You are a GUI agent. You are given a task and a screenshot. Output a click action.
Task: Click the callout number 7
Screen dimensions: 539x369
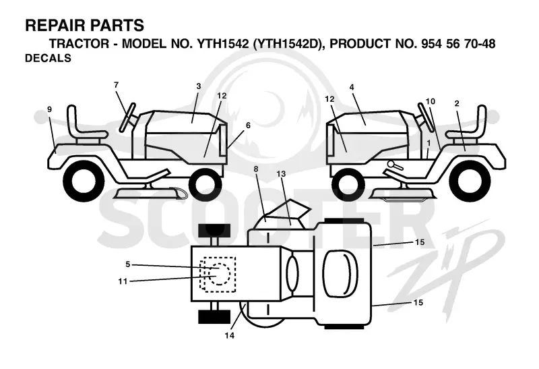[x=116, y=85]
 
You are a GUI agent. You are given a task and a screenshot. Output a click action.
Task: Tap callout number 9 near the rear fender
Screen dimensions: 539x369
[x=49, y=109]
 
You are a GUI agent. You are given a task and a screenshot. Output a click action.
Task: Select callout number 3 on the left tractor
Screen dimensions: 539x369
[x=198, y=86]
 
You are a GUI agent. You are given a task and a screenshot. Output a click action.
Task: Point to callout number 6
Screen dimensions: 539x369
[x=248, y=125]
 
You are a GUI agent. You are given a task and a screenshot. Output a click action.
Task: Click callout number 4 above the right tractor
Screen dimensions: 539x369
[x=352, y=88]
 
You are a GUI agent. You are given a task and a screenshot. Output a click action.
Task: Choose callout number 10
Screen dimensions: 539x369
[x=431, y=101]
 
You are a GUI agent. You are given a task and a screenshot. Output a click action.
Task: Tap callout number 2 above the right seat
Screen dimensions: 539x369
[x=457, y=104]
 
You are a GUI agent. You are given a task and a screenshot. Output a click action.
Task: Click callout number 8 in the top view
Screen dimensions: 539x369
[x=256, y=169]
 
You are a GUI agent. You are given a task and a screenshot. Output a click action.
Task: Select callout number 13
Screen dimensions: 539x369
[x=281, y=174]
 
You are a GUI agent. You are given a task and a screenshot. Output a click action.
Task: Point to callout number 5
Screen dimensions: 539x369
[x=128, y=264]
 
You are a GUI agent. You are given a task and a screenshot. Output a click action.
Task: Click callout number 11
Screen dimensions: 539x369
[x=123, y=281]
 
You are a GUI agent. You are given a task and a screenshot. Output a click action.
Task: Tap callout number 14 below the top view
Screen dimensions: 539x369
[x=229, y=335]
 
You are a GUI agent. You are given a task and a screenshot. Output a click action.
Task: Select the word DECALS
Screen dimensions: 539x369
[x=48, y=58]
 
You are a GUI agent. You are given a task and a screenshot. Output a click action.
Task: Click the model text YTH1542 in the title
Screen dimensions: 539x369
[x=222, y=44]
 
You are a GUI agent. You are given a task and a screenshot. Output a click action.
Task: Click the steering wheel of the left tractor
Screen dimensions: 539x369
[x=127, y=117]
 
